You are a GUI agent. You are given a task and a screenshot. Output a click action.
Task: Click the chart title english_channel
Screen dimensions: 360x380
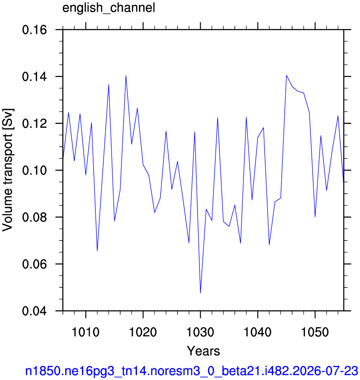[x=109, y=8]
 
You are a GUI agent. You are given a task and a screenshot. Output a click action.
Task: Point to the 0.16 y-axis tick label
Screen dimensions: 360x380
[x=35, y=30]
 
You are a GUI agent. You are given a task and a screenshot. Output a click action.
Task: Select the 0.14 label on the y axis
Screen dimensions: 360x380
[x=35, y=77]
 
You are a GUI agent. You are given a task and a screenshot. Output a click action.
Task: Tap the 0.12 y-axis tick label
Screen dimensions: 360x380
[x=35, y=124]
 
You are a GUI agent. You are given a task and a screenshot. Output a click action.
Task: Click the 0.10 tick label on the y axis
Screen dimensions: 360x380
[x=35, y=170]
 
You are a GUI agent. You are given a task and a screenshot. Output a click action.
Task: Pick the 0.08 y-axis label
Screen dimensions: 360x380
[x=35, y=217]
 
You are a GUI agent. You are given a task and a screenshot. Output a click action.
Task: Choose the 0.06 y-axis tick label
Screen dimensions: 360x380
[x=35, y=264]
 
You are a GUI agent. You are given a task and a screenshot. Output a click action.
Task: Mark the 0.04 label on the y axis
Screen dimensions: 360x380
[x=35, y=311]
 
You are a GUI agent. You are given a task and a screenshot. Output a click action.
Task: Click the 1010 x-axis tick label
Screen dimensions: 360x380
[x=86, y=332]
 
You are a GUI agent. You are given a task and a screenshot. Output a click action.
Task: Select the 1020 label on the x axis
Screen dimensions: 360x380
[x=143, y=332]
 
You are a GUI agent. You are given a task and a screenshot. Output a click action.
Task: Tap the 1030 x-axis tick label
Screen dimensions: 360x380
[x=201, y=332]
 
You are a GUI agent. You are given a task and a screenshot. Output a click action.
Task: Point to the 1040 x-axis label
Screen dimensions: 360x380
[x=258, y=332]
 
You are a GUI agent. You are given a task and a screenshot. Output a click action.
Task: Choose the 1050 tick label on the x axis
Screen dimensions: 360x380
[x=315, y=332]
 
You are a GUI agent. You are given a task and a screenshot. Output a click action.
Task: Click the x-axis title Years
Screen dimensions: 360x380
[x=204, y=351]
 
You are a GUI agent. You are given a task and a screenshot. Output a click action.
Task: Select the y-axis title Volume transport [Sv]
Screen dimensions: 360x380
[x=8, y=170]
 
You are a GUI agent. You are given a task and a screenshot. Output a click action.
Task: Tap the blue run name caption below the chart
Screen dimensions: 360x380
[x=191, y=371]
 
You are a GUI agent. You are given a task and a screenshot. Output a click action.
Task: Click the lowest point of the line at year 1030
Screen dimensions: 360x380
[x=201, y=293]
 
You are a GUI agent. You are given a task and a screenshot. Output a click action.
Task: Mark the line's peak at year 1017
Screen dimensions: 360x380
[x=126, y=75]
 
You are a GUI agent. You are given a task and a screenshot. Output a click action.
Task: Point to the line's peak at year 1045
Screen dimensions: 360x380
[x=286, y=75]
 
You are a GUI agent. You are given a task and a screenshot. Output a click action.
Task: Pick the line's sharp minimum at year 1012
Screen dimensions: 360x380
[x=97, y=251]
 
